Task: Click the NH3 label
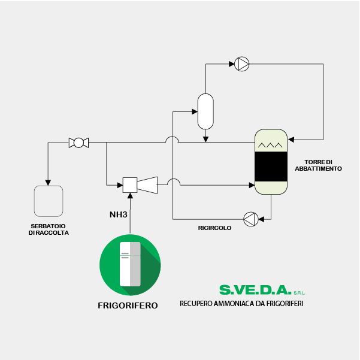click(x=118, y=214)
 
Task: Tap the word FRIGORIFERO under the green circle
click(x=128, y=305)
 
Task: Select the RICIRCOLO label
click(x=214, y=228)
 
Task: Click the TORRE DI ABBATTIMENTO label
click(x=318, y=165)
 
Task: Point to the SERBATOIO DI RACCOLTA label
click(x=49, y=229)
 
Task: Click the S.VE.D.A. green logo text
click(x=255, y=290)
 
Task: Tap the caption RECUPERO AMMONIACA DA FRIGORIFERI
click(x=241, y=304)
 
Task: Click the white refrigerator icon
click(x=130, y=264)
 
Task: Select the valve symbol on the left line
click(x=78, y=143)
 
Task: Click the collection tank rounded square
click(x=49, y=201)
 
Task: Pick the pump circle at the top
click(x=242, y=64)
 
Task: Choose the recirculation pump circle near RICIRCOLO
click(x=251, y=219)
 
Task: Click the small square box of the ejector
click(x=130, y=185)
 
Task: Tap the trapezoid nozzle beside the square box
click(x=147, y=185)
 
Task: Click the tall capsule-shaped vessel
click(x=205, y=111)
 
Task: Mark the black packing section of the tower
click(x=271, y=167)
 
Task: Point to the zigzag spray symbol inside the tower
click(x=270, y=145)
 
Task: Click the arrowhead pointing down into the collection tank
click(x=48, y=183)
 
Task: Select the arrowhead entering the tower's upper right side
click(x=291, y=140)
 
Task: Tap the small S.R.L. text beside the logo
click(x=300, y=293)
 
